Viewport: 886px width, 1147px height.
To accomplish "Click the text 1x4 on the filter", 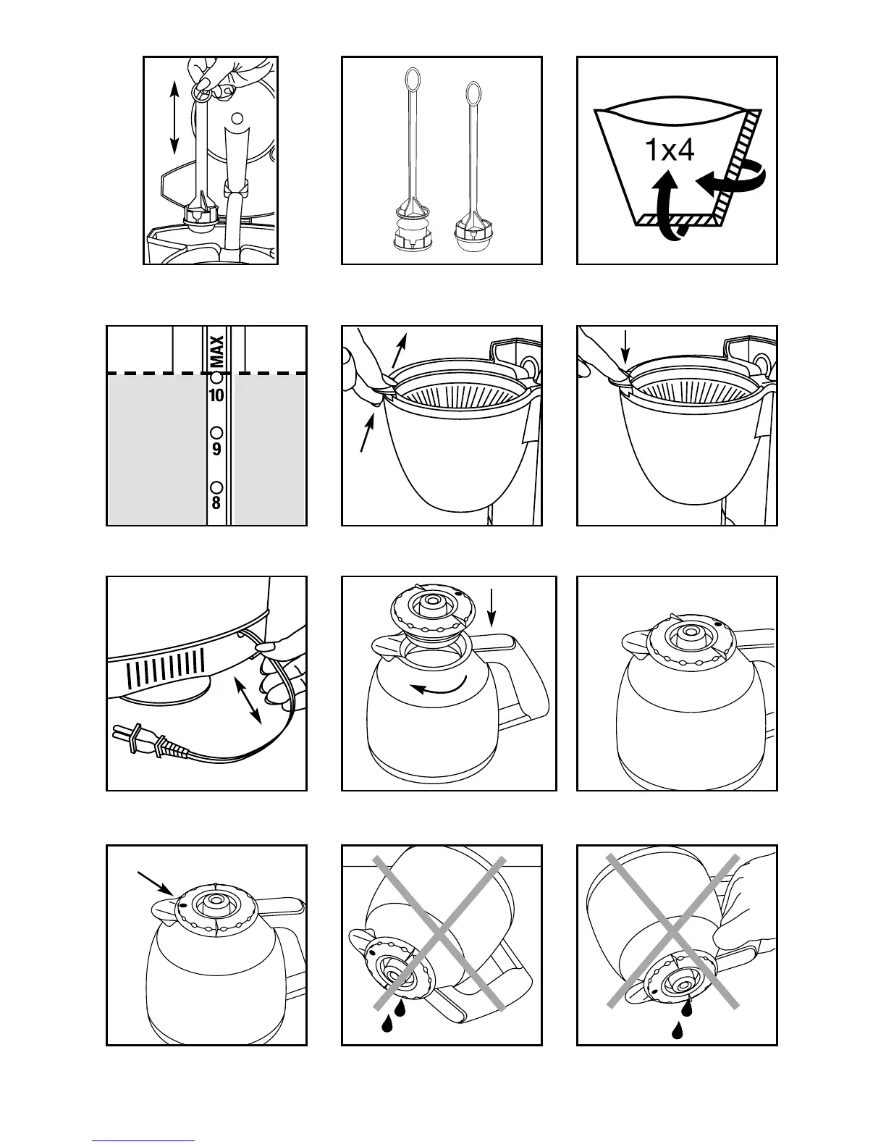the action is [669, 151].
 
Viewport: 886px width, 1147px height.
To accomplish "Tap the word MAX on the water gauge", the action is [216, 350].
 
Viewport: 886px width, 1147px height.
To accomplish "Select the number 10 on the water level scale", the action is [216, 395].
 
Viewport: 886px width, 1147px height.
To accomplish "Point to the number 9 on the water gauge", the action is [216, 449].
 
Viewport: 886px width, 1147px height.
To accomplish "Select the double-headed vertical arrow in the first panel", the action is [174, 117].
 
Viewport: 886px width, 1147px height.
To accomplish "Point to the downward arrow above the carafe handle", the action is [491, 607].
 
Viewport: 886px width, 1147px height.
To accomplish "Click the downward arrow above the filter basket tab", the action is [626, 346].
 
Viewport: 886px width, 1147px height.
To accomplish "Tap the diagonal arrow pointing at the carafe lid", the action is [155, 884].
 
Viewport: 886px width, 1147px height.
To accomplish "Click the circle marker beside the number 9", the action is [216, 432].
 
